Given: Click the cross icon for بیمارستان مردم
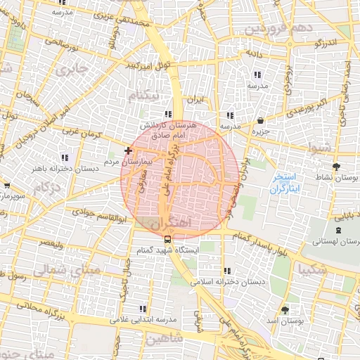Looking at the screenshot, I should [127, 150].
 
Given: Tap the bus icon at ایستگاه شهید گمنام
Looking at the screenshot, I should [157, 238].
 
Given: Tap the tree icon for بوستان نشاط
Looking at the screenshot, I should [335, 167].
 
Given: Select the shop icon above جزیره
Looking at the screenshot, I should [261, 120].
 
